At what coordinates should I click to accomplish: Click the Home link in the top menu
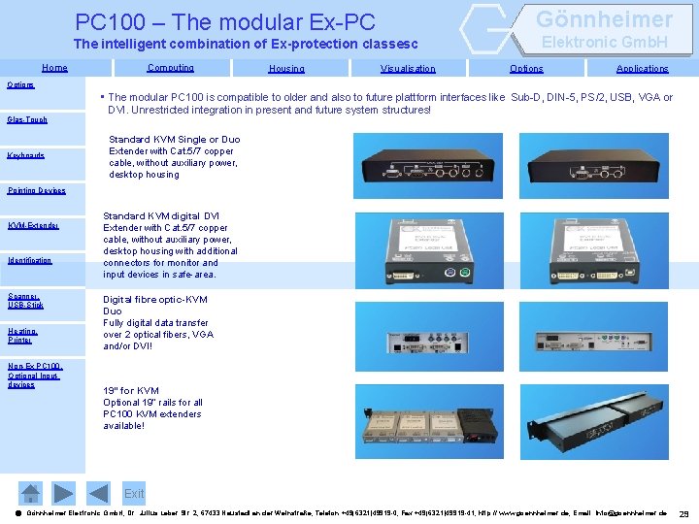[54, 68]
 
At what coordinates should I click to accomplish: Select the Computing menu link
[170, 68]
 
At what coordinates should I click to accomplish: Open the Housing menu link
[286, 69]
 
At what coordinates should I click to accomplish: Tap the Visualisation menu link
[408, 69]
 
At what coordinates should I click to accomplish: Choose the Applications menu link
[642, 69]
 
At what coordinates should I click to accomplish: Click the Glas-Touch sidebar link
[27, 120]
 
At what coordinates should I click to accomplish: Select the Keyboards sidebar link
[26, 155]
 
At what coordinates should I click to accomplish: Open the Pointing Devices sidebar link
[36, 190]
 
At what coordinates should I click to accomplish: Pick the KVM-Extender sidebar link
[33, 226]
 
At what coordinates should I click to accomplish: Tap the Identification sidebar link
[29, 260]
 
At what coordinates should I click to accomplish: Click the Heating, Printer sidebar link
[22, 336]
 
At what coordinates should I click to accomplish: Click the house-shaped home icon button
[31, 492]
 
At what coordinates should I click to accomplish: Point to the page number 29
[683, 513]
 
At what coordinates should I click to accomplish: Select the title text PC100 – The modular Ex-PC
[225, 21]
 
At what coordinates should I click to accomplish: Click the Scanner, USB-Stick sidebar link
[24, 301]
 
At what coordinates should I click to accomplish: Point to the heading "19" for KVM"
[131, 391]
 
